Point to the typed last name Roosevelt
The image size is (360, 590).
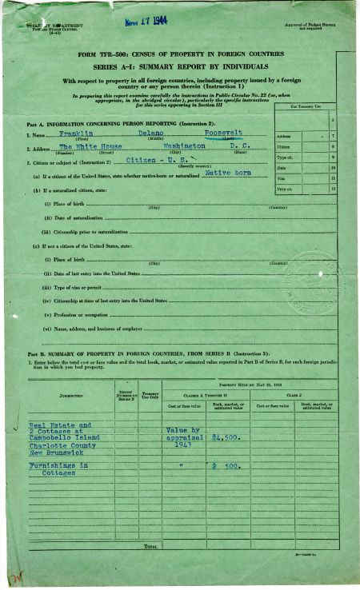coord(223,133)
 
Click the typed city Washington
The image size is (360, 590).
coord(184,146)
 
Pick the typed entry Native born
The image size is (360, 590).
coord(227,172)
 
